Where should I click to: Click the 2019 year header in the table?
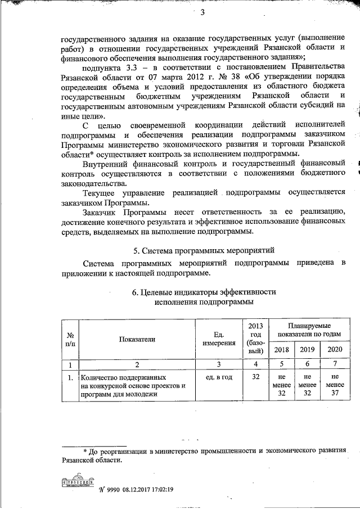307,349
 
